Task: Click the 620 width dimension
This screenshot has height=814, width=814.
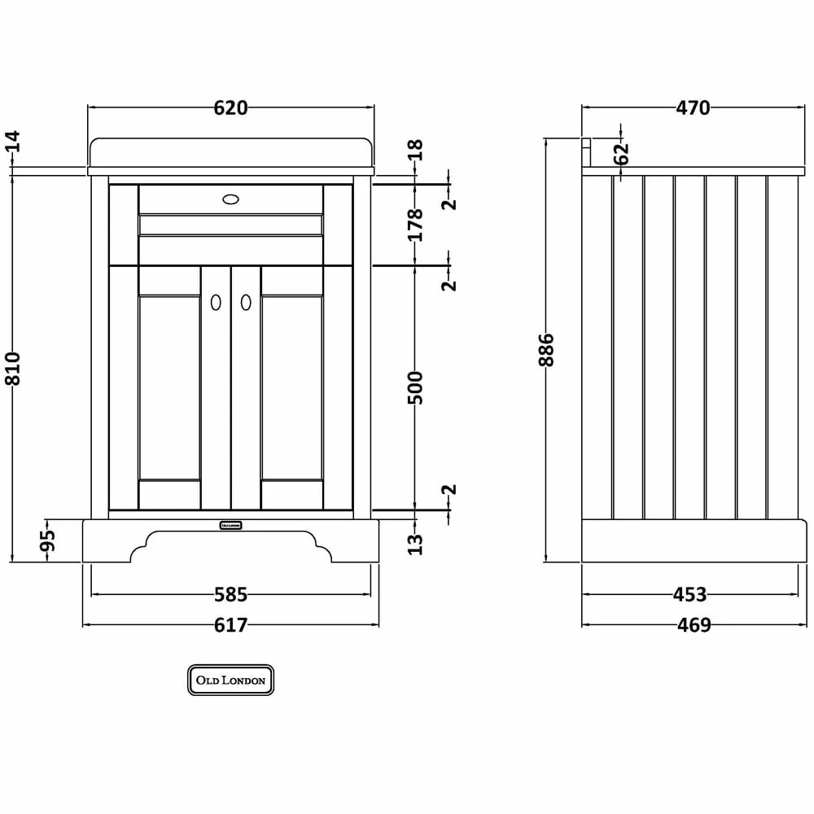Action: tap(230, 108)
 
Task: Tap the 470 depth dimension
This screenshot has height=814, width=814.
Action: tap(693, 108)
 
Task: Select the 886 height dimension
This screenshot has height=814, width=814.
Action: tap(546, 350)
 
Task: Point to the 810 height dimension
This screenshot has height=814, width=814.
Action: tap(12, 369)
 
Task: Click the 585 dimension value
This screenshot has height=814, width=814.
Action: tap(231, 594)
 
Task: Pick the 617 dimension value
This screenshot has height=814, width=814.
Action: tap(230, 624)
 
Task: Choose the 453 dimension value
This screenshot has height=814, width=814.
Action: tap(689, 594)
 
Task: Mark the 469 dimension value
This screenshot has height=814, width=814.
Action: tap(694, 624)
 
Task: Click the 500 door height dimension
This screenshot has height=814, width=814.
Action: tap(415, 387)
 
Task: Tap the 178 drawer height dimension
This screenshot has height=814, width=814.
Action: tap(415, 225)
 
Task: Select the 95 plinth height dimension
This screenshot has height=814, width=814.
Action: tap(47, 540)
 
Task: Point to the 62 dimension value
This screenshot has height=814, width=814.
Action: tap(621, 154)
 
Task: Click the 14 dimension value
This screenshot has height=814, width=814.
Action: tap(12, 141)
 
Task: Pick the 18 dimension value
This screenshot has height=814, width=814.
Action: tap(415, 150)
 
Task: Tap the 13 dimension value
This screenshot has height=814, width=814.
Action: tap(415, 545)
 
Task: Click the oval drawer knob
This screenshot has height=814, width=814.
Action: tap(230, 199)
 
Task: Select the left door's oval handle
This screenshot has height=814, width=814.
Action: tap(216, 302)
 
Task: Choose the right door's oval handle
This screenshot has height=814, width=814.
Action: tap(246, 302)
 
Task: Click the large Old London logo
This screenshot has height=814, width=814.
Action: tap(230, 680)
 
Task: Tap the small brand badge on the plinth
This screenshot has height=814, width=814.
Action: tap(230, 525)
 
